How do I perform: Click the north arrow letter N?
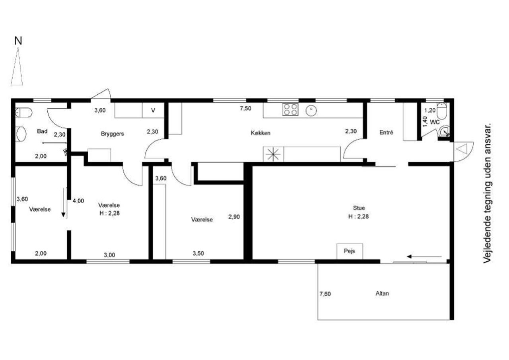(18, 41)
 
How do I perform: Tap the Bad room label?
(42, 131)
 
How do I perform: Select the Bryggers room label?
(113, 134)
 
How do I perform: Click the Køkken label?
(260, 133)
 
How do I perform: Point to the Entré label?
(386, 132)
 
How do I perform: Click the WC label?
(435, 122)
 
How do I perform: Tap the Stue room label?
(359, 208)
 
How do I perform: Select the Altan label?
(382, 294)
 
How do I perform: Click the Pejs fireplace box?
(350, 251)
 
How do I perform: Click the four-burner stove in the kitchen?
(290, 109)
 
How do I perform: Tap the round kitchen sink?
(311, 111)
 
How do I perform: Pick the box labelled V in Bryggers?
(153, 110)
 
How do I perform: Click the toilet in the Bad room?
(23, 113)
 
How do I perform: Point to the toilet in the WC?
(441, 111)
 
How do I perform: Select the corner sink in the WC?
(444, 131)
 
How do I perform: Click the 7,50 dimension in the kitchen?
(246, 109)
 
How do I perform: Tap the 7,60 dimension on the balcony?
(325, 294)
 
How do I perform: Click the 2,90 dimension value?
(234, 217)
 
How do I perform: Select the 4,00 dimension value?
(78, 201)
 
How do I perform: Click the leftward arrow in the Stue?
(424, 257)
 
